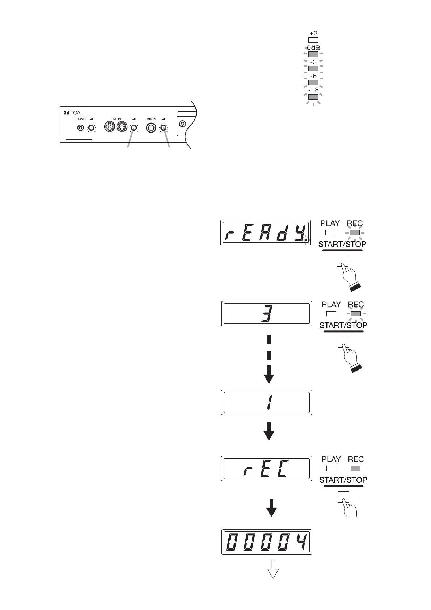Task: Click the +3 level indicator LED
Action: [313, 40]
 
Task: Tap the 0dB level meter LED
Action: [313, 54]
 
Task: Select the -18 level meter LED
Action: [313, 97]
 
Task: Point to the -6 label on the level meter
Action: [313, 76]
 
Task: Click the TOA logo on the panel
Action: [72, 113]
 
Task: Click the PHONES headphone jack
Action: [81, 128]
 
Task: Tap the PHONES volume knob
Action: [91, 128]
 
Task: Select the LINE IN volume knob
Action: [134, 128]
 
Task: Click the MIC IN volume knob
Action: [164, 128]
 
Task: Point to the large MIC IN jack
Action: [151, 128]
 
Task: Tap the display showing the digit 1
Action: [266, 402]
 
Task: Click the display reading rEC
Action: [266, 468]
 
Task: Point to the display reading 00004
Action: [267, 542]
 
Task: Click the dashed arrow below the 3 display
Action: [269, 359]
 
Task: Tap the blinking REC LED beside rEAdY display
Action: [355, 233]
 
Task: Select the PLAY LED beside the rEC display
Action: [331, 468]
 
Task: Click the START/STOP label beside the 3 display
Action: [343, 325]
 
